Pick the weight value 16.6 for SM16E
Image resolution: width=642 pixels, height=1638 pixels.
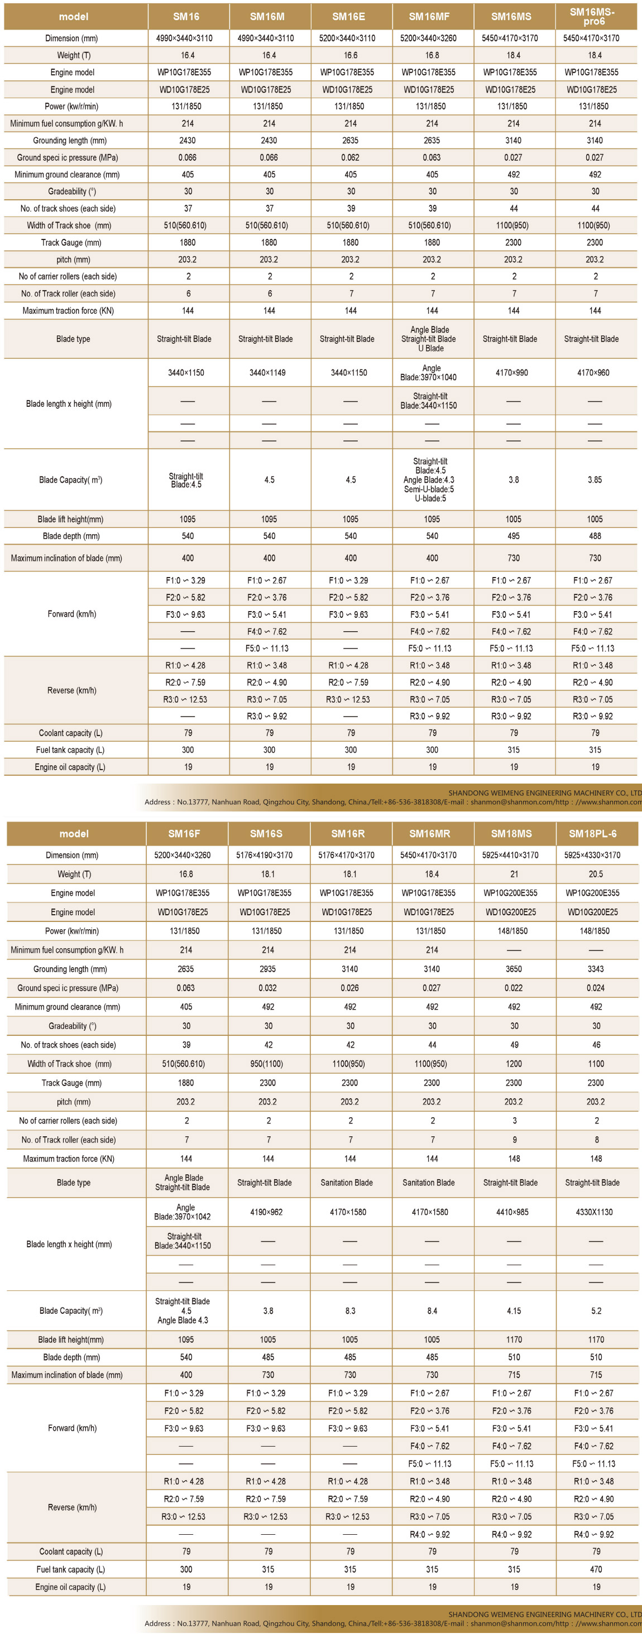pos(351,55)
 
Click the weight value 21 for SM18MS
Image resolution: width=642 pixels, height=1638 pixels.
pos(514,875)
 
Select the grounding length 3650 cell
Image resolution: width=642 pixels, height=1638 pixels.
pos(514,969)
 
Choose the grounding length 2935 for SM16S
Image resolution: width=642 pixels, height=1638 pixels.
pos(268,969)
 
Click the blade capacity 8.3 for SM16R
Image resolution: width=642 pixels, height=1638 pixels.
pos(350,1311)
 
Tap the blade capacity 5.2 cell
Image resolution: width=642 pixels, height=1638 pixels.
pos(596,1311)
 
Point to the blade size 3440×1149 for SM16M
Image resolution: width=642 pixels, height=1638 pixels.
pos(267,373)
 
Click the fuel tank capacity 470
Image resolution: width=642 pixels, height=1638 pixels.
pos(596,1569)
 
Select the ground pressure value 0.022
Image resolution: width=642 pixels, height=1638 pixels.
pos(514,988)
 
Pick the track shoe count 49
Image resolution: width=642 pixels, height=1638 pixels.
pos(514,1045)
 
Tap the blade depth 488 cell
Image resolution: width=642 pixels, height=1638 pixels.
pos(595,536)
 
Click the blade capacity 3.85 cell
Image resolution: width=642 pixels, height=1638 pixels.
pos(595,480)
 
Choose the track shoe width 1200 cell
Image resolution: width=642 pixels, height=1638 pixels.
pos(514,1064)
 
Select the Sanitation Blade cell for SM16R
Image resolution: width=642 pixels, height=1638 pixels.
pos(347,1183)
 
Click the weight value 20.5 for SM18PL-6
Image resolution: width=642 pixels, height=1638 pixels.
pos(596,875)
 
